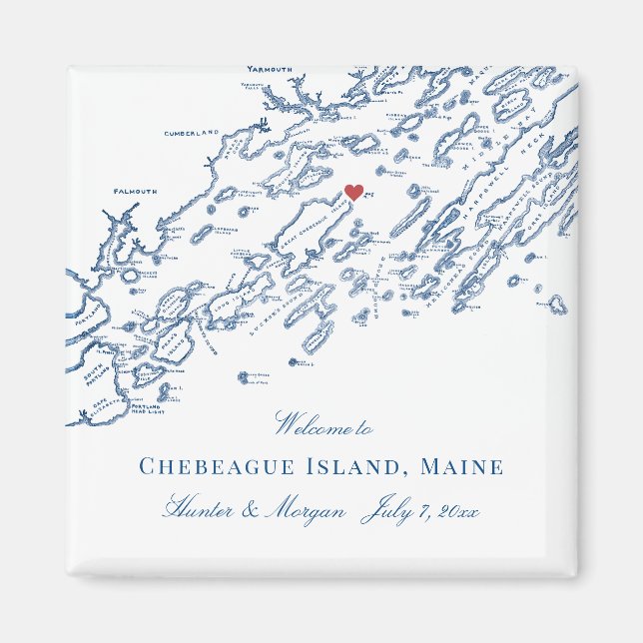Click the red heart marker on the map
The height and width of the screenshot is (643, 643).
[x=353, y=192]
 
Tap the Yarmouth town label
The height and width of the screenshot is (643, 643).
[x=270, y=70]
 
